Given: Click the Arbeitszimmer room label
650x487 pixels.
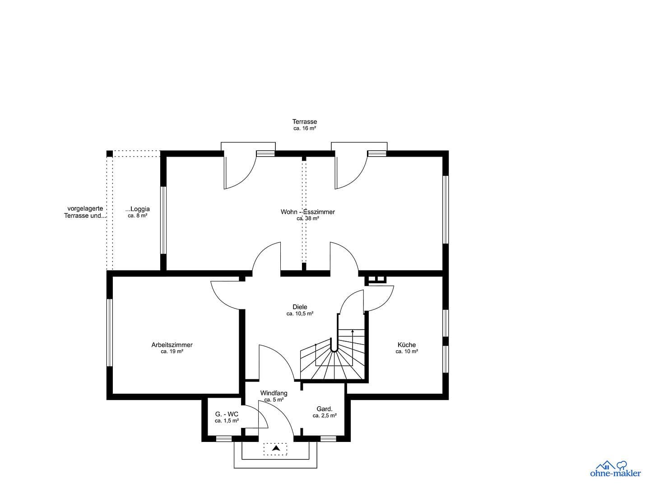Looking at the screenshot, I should click(172, 345).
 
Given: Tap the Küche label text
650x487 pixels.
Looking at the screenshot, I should click(407, 345).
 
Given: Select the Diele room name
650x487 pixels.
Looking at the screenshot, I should click(300, 307).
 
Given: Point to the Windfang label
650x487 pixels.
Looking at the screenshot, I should click(274, 393).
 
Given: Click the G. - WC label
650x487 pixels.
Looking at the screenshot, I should click(227, 414).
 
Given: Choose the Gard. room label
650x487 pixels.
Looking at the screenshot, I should click(325, 409).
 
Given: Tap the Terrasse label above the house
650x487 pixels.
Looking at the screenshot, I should click(305, 122).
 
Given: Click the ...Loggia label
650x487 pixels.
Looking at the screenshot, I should click(138, 209).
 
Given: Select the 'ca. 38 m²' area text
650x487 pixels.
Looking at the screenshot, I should click(308, 218).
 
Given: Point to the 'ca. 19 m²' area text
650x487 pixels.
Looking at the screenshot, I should click(172, 352).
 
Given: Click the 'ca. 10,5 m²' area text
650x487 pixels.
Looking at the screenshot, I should click(300, 314).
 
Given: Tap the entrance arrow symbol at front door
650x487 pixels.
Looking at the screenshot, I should click(275, 448).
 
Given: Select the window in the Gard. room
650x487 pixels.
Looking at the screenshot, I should click(328, 438).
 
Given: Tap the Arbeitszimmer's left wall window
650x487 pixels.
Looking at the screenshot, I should click(110, 332).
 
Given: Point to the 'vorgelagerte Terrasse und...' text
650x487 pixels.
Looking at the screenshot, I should click(85, 212).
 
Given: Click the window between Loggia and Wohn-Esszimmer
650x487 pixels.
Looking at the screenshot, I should click(163, 220).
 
